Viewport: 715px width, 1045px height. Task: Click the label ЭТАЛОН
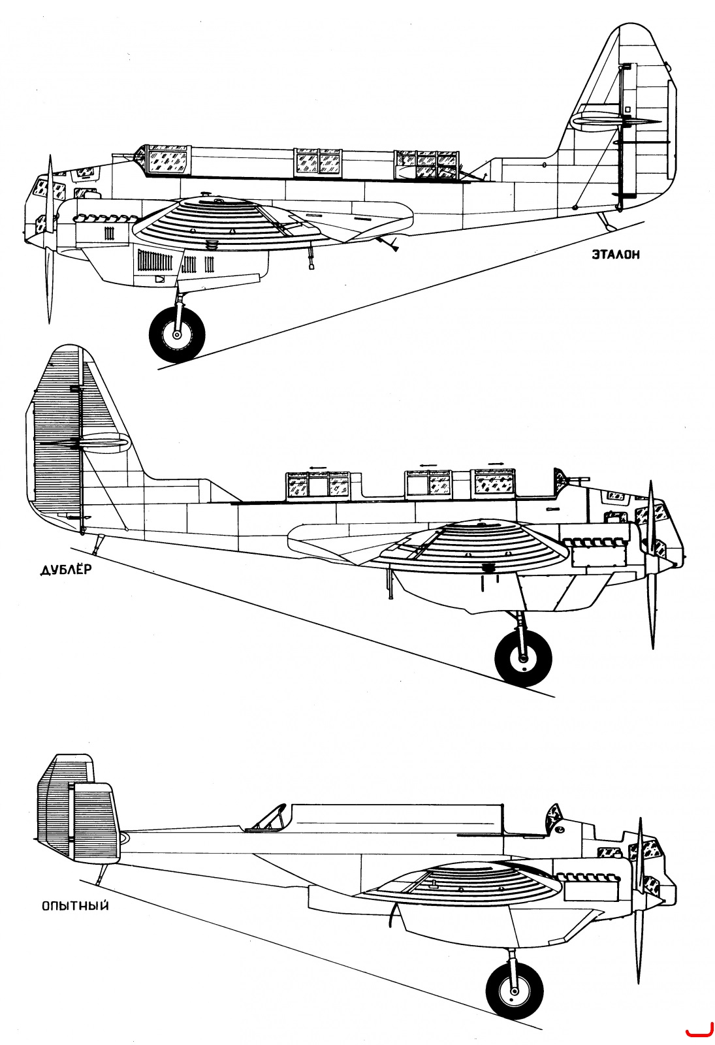point(616,255)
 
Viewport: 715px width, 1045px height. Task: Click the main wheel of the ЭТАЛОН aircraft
point(177,334)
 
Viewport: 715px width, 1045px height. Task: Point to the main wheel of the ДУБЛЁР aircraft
point(523,658)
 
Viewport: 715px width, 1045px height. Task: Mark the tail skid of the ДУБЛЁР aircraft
point(98,545)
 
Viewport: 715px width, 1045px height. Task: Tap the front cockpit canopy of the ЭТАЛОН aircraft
point(164,161)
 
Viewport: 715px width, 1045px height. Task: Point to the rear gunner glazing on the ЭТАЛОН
point(426,165)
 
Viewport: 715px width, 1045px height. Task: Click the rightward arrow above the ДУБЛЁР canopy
point(496,464)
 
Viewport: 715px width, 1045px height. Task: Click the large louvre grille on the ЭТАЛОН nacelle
point(157,261)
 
